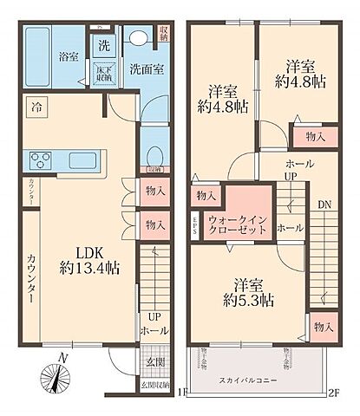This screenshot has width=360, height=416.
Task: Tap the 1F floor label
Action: point(182,392)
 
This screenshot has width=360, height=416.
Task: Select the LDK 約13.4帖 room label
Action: point(89,259)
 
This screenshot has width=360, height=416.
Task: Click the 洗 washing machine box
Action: point(102,45)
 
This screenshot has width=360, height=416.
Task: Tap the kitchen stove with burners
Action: point(43,160)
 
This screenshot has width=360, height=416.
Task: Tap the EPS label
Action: point(195,224)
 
